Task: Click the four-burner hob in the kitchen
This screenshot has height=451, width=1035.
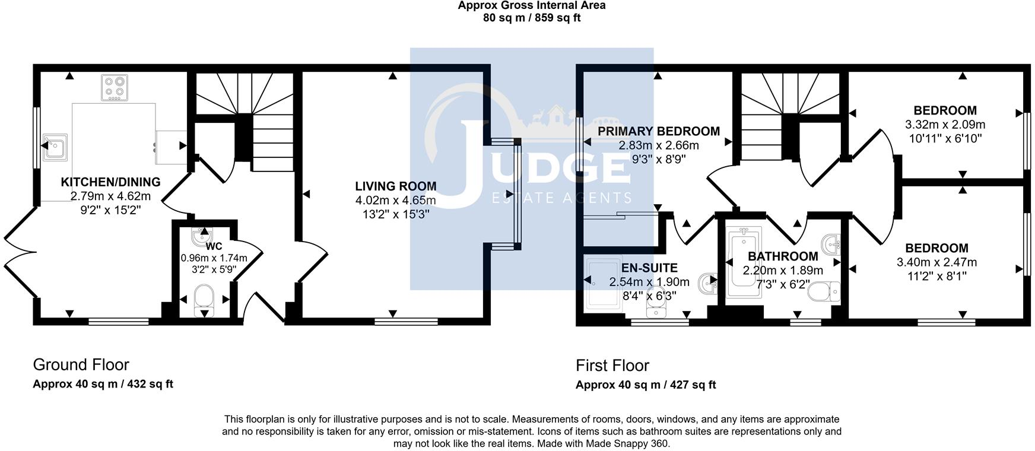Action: [x=115, y=87]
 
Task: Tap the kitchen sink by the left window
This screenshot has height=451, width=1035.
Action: [x=55, y=148]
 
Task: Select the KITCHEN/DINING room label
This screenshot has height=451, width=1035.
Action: [x=110, y=182]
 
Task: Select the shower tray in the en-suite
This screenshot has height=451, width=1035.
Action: [x=602, y=284]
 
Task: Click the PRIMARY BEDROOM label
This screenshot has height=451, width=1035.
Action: [x=658, y=131]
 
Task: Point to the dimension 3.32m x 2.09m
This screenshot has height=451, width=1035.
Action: [x=945, y=125]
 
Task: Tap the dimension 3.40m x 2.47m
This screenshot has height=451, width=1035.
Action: [x=936, y=262]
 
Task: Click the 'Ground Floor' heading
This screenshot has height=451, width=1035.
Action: [x=81, y=364]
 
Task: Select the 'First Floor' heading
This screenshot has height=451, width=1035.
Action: [x=612, y=365]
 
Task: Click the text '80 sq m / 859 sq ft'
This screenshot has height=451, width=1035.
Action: [x=532, y=18]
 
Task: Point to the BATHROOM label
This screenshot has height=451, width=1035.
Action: [x=782, y=256]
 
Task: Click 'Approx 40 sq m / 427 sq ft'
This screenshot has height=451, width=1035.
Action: [x=646, y=385]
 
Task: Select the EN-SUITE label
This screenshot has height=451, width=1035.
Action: [x=649, y=268]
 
